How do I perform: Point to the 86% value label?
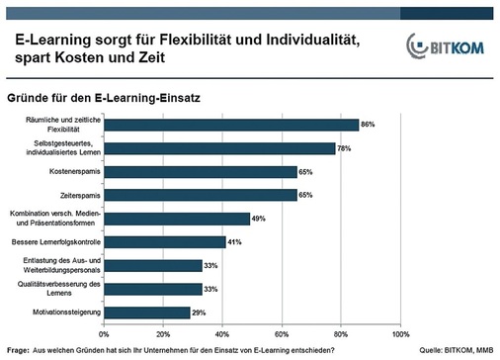point(368,125)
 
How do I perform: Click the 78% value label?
point(344,148)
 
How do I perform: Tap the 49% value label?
point(259,219)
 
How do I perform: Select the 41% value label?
point(235,242)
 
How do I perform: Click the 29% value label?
point(199,313)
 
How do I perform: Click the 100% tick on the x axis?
point(399,333)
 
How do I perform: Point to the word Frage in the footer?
point(18,351)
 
